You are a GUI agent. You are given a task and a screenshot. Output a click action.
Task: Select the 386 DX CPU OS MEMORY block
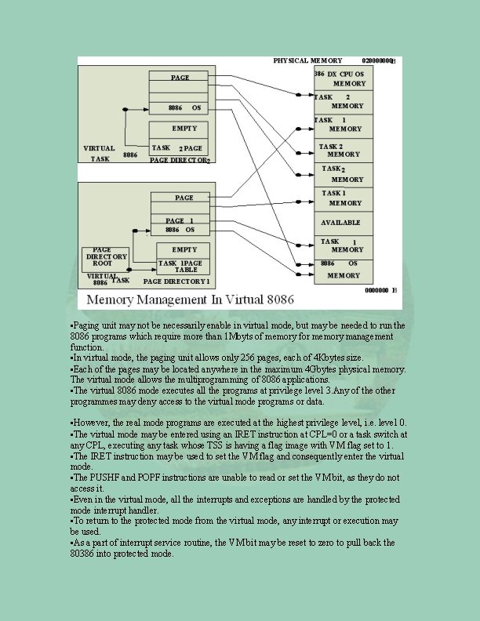344,78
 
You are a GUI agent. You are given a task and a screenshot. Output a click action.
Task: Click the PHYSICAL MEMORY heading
307,60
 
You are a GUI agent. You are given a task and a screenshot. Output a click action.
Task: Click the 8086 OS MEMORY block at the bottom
344,270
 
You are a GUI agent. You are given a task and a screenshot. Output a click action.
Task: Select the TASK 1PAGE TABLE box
180,266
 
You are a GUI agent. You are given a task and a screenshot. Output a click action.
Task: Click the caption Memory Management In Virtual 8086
191,300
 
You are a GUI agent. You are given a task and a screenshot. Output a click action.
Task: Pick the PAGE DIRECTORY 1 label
176,281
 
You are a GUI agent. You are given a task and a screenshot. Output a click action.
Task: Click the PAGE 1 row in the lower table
180,221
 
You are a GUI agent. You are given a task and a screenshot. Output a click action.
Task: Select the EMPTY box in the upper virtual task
180,128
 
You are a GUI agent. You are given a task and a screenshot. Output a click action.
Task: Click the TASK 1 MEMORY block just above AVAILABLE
344,198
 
